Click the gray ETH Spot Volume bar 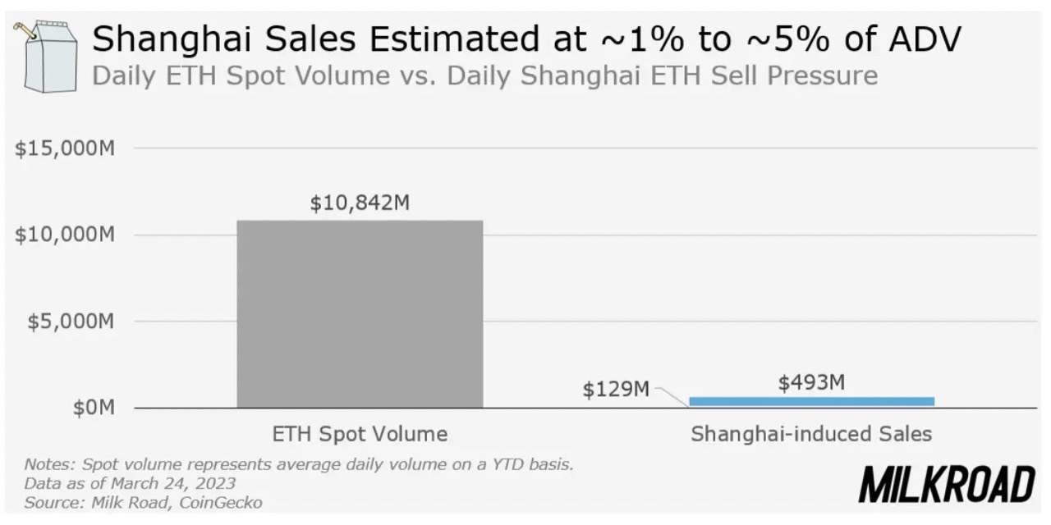point(360,313)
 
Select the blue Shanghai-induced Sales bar point(811,401)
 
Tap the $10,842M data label point(360,203)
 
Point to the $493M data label point(811,382)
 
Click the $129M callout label point(616,390)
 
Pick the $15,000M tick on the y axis point(64,148)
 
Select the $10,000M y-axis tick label point(64,235)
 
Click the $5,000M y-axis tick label point(71,321)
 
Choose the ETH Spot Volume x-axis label point(360,434)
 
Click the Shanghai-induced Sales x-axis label point(811,434)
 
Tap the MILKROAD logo point(947,484)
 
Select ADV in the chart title point(925,39)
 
